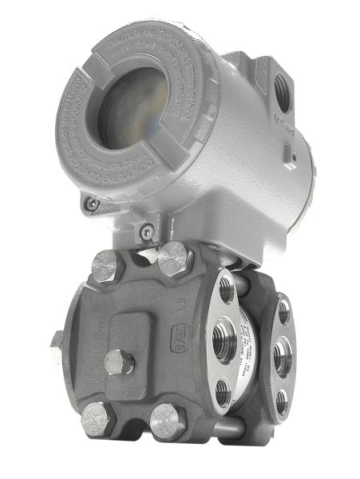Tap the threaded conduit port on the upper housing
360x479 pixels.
click(283, 89)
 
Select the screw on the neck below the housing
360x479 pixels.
click(145, 232)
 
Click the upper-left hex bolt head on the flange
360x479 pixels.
click(106, 265)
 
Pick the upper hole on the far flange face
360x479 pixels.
click(284, 312)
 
